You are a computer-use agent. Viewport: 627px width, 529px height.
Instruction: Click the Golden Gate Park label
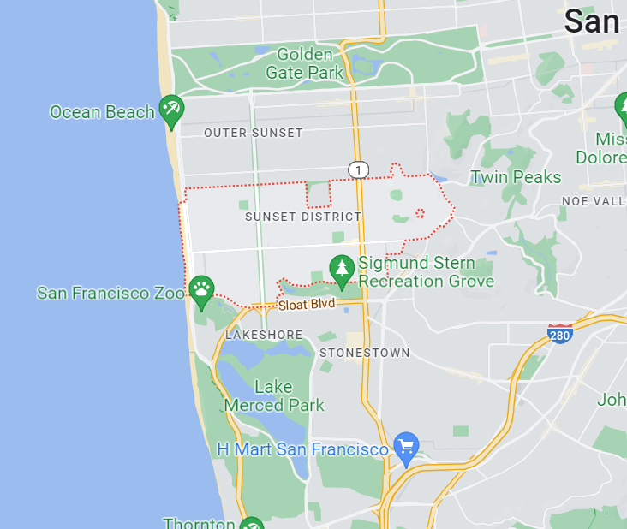point(304,63)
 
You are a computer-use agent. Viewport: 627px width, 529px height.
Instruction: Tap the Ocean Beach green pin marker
point(171,110)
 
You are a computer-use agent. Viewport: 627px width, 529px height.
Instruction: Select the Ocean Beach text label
point(102,112)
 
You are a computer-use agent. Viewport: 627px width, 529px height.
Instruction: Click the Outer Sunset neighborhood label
point(254,133)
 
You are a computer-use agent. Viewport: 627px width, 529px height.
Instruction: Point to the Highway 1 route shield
point(358,169)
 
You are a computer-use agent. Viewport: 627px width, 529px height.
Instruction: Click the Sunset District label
point(303,217)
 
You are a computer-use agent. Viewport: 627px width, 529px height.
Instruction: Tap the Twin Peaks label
point(516,177)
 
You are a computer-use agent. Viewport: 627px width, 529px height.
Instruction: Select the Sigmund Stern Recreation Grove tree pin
point(342,270)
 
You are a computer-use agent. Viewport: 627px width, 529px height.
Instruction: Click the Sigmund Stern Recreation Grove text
point(426,271)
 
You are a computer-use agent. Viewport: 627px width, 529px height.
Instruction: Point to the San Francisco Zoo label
point(110,293)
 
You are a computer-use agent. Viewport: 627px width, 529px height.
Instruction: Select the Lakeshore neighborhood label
point(264,335)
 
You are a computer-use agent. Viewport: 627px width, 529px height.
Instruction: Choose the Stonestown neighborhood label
point(364,353)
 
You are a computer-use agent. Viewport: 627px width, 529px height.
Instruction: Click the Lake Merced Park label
point(274,396)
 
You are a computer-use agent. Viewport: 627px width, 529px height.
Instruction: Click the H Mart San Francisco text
point(302,449)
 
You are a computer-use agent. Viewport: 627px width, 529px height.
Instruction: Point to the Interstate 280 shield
point(560,333)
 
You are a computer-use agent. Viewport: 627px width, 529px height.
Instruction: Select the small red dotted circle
point(420,212)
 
